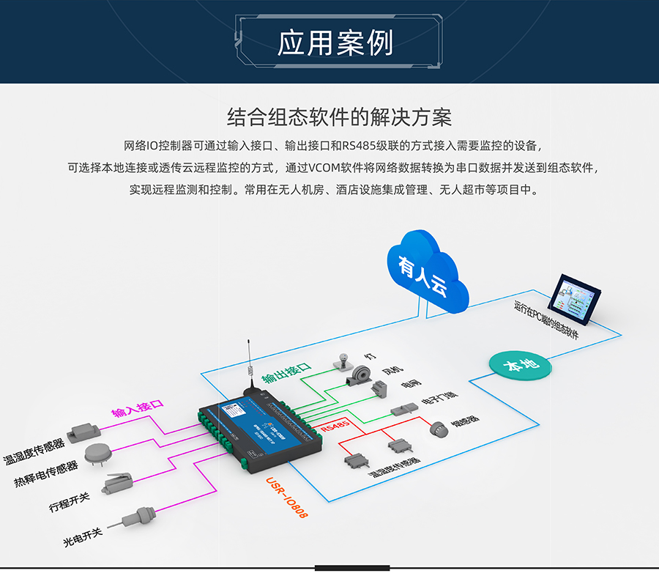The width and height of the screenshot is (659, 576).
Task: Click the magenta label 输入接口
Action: tap(137, 407)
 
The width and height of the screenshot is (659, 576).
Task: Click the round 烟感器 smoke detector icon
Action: tap(437, 429)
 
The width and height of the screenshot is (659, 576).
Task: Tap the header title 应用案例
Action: tap(335, 43)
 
